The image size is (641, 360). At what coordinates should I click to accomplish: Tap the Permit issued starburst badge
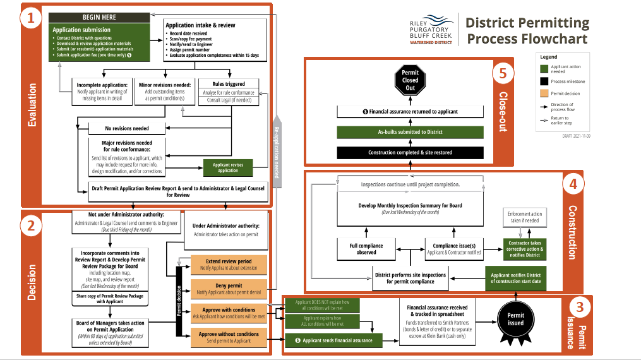[x=515, y=319]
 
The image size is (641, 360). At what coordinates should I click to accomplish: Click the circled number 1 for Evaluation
[x=31, y=18]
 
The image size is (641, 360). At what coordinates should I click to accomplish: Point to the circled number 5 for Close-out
[x=503, y=73]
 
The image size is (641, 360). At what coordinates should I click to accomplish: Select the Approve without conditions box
[x=229, y=337]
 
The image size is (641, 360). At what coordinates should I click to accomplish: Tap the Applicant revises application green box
[x=228, y=167]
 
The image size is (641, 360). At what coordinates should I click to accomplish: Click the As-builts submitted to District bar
[x=410, y=132]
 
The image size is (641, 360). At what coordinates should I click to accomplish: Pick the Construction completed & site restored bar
[x=410, y=152]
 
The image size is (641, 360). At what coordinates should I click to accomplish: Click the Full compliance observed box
[x=366, y=249]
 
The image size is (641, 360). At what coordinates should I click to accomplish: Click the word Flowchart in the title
[x=556, y=39]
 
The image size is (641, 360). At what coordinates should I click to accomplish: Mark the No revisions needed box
[x=127, y=128]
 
